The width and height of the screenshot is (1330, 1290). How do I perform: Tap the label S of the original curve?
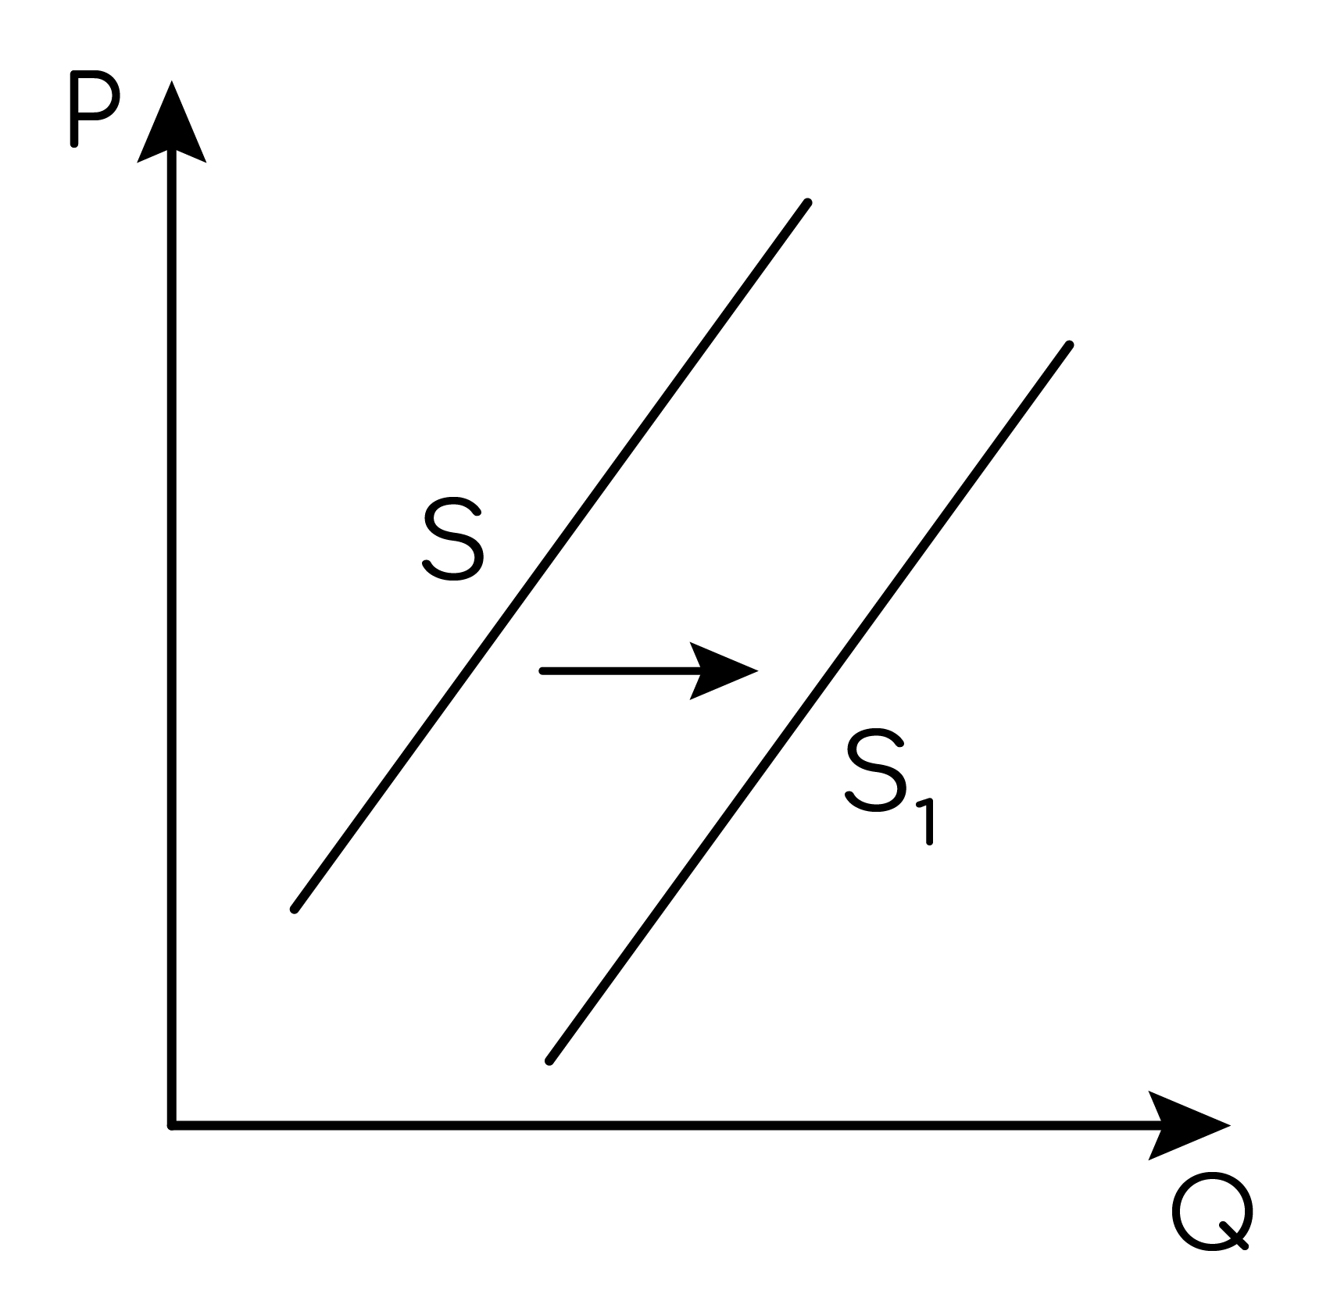point(453,541)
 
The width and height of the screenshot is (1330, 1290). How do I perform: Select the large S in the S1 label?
point(875,772)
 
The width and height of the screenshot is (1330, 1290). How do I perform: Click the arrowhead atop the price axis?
point(171,121)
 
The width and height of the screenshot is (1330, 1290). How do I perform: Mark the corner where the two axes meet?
point(171,1125)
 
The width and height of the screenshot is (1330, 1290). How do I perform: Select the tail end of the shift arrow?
point(543,670)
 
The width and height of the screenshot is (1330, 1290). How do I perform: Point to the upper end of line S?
point(808,203)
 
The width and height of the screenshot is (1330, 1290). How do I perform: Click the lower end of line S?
point(295,909)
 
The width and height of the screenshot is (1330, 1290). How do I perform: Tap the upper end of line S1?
point(1069,345)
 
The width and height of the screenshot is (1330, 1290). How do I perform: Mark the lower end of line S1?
point(549,1060)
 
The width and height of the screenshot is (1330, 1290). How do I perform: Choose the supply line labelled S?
point(551,556)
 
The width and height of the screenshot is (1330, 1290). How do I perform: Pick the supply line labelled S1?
point(809,702)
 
